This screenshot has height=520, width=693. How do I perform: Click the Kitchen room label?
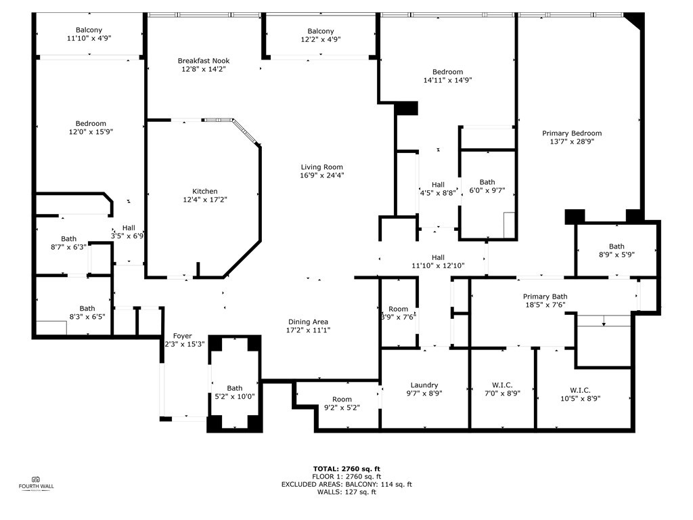(204, 192)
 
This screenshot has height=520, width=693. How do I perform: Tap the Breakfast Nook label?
(204, 61)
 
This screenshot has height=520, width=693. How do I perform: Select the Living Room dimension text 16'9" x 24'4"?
(321, 175)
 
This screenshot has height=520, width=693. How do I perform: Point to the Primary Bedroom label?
(572, 133)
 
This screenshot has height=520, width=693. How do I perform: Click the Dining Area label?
(308, 322)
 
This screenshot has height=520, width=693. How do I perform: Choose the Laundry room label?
(424, 385)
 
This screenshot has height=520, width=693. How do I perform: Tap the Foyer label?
(182, 336)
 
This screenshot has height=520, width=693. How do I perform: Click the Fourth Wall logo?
(37, 483)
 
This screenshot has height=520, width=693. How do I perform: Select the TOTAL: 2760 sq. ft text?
(346, 469)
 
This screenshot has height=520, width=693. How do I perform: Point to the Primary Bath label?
(545, 297)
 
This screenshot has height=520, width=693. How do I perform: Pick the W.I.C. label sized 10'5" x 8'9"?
(580, 390)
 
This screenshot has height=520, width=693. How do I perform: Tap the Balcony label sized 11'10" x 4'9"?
(89, 30)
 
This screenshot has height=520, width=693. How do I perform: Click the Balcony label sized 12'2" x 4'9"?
(320, 31)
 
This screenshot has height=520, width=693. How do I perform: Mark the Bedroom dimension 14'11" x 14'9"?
(448, 80)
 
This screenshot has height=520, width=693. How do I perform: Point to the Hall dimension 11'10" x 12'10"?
(438, 265)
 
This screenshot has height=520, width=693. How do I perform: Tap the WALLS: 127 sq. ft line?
(346, 492)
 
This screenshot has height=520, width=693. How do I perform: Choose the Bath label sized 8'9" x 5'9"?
(617, 246)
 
